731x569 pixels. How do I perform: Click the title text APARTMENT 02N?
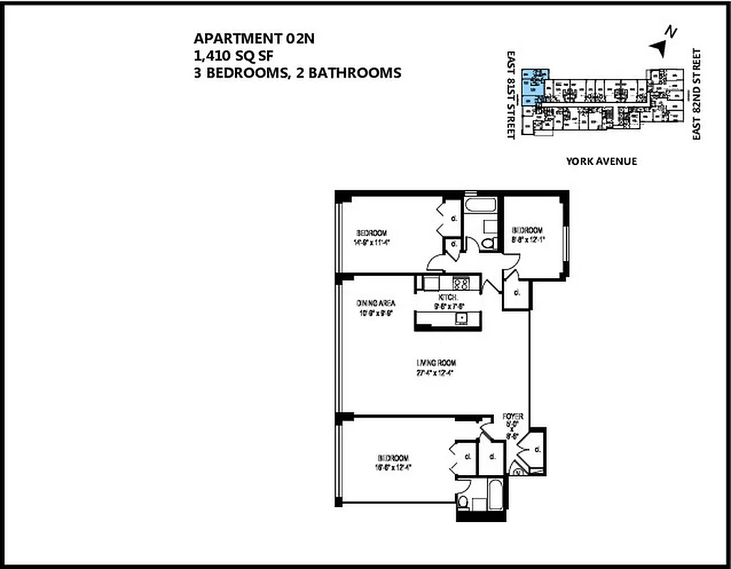pos(253,39)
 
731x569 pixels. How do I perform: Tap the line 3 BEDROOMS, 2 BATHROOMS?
pos(297,72)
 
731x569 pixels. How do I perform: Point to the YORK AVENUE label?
pos(601,161)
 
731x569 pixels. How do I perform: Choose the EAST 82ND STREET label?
pos(697,95)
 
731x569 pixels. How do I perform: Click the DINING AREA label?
pos(376,303)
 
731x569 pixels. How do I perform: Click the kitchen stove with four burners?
pos(461,283)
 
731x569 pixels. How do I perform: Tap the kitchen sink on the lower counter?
pos(461,318)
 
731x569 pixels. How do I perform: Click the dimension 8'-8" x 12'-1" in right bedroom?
pos(527,240)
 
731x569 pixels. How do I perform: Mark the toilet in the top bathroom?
pos(488,243)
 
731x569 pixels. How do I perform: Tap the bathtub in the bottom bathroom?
pos(490,494)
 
